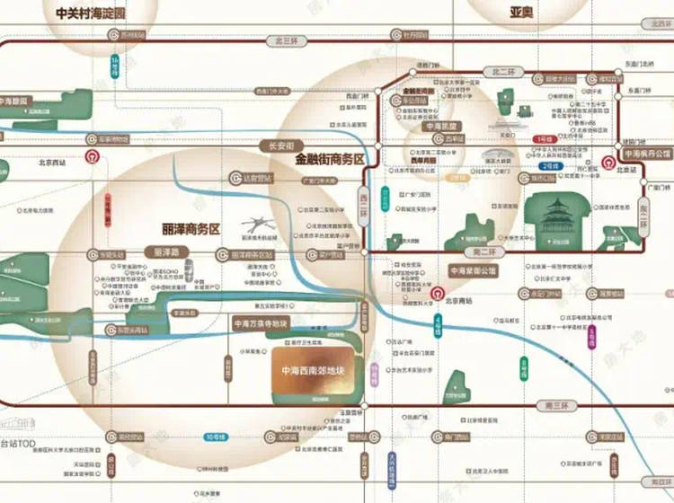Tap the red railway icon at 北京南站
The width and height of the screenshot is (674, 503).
[x=436, y=293]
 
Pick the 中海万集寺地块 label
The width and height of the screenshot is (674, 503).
[x=261, y=323]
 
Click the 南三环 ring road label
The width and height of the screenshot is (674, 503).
[x=557, y=406]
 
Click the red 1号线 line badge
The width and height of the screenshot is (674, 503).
[x=543, y=140]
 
